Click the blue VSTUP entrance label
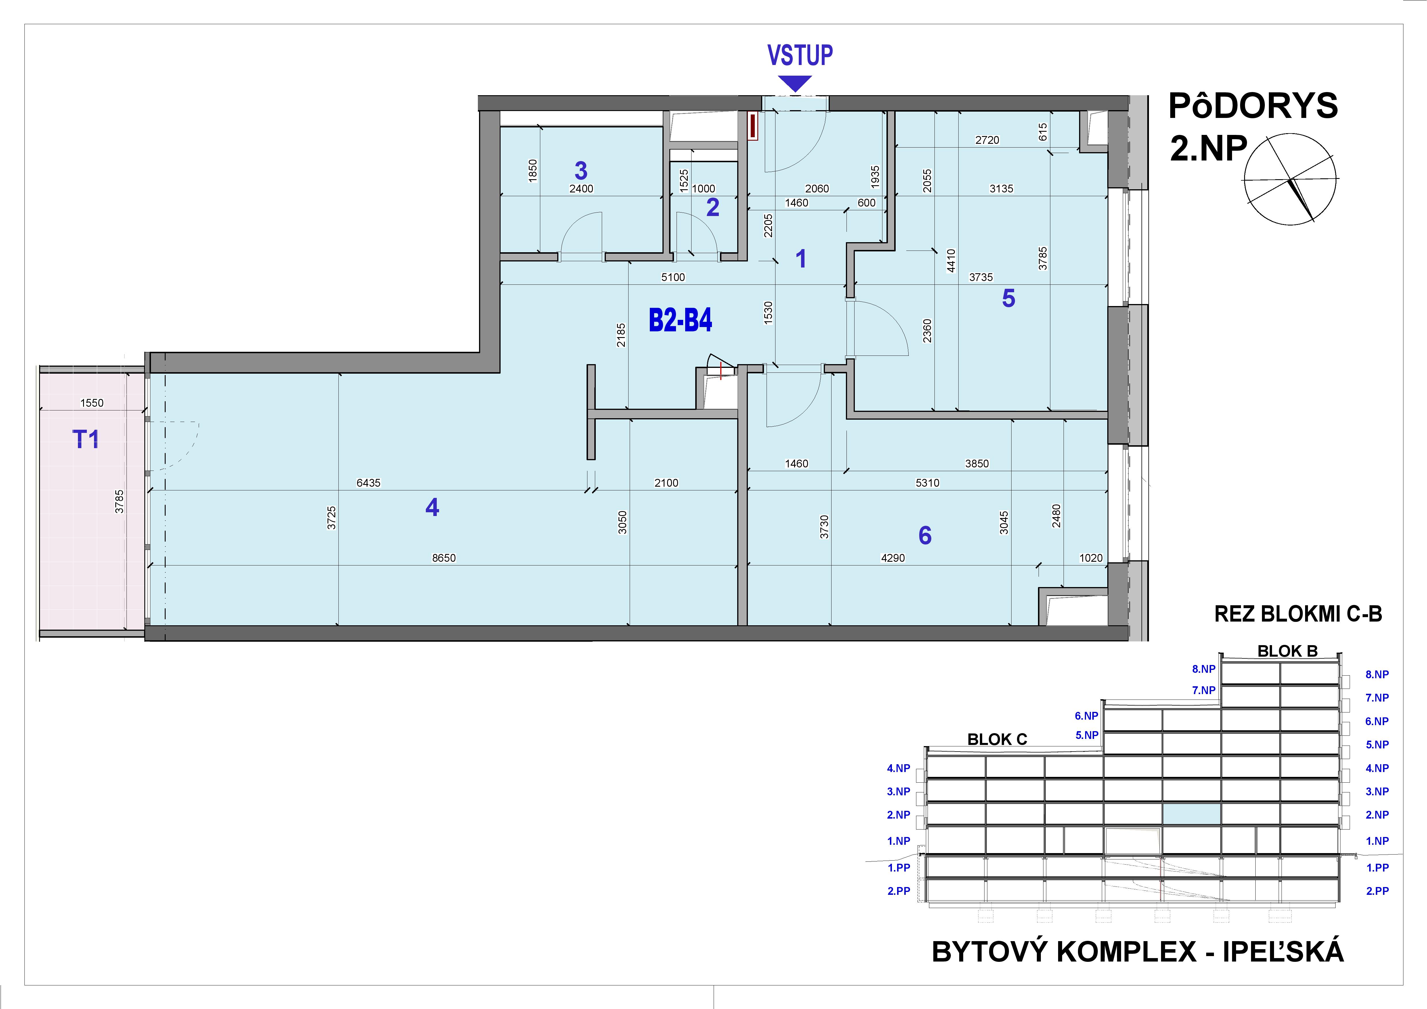[x=800, y=55]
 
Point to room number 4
[x=432, y=508]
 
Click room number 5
[x=1008, y=298]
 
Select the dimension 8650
[x=444, y=558]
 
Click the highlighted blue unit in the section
[x=1191, y=814]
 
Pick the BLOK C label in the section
[x=997, y=739]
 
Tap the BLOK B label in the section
[x=1287, y=651]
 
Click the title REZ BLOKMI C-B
[x=1298, y=614]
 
